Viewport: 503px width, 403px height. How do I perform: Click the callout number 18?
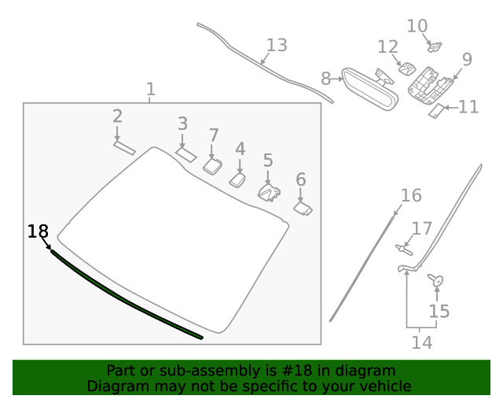tap(38, 231)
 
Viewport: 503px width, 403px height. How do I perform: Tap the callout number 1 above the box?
tap(151, 90)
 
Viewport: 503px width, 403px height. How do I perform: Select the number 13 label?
tap(277, 45)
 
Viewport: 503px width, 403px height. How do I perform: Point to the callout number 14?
tap(422, 342)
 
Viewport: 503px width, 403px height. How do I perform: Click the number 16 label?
tap(411, 195)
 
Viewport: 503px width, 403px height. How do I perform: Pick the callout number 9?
tap(467, 59)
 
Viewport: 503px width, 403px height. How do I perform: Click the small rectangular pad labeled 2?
tap(124, 147)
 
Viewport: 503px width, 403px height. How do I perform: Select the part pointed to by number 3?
tap(185, 154)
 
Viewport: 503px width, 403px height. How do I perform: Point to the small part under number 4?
tap(238, 180)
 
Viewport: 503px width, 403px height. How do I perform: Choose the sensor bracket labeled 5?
tap(269, 191)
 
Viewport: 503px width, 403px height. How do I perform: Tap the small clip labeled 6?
tap(303, 209)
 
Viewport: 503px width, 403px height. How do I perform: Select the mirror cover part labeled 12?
tap(407, 68)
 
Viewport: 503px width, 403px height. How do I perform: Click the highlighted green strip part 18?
tap(126, 297)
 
